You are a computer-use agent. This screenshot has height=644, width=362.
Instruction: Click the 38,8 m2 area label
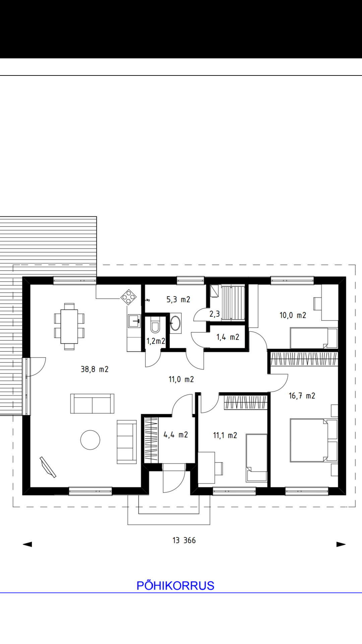[95, 369]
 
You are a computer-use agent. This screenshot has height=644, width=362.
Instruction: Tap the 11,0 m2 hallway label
[181, 379]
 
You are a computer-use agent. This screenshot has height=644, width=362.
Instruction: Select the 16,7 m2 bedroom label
[302, 396]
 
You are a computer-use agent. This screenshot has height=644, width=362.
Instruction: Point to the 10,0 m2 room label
[293, 315]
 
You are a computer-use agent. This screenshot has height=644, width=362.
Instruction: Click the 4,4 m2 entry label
[176, 435]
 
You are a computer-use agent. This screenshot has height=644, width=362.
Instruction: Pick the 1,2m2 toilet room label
[156, 341]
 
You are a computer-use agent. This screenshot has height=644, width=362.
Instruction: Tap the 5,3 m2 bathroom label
[178, 300]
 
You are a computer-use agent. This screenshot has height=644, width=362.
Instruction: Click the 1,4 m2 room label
[228, 337]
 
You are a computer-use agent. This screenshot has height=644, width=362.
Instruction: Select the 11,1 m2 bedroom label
[225, 435]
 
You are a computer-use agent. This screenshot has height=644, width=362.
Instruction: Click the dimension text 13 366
[184, 540]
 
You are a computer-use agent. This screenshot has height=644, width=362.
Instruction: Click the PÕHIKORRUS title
[175, 586]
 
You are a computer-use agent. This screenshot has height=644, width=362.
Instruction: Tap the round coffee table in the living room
[90, 440]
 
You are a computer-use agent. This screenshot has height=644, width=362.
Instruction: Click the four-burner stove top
[128, 297]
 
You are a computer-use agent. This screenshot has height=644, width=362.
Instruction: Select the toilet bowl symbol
[155, 325]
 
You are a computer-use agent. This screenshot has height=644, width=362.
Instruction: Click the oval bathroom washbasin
[175, 323]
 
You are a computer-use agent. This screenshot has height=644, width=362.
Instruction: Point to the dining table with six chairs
[69, 326]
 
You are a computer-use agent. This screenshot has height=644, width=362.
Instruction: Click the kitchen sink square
[134, 321]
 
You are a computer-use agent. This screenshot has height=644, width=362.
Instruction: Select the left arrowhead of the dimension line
[27, 544]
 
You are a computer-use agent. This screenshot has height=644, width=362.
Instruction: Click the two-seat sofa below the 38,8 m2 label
[92, 404]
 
